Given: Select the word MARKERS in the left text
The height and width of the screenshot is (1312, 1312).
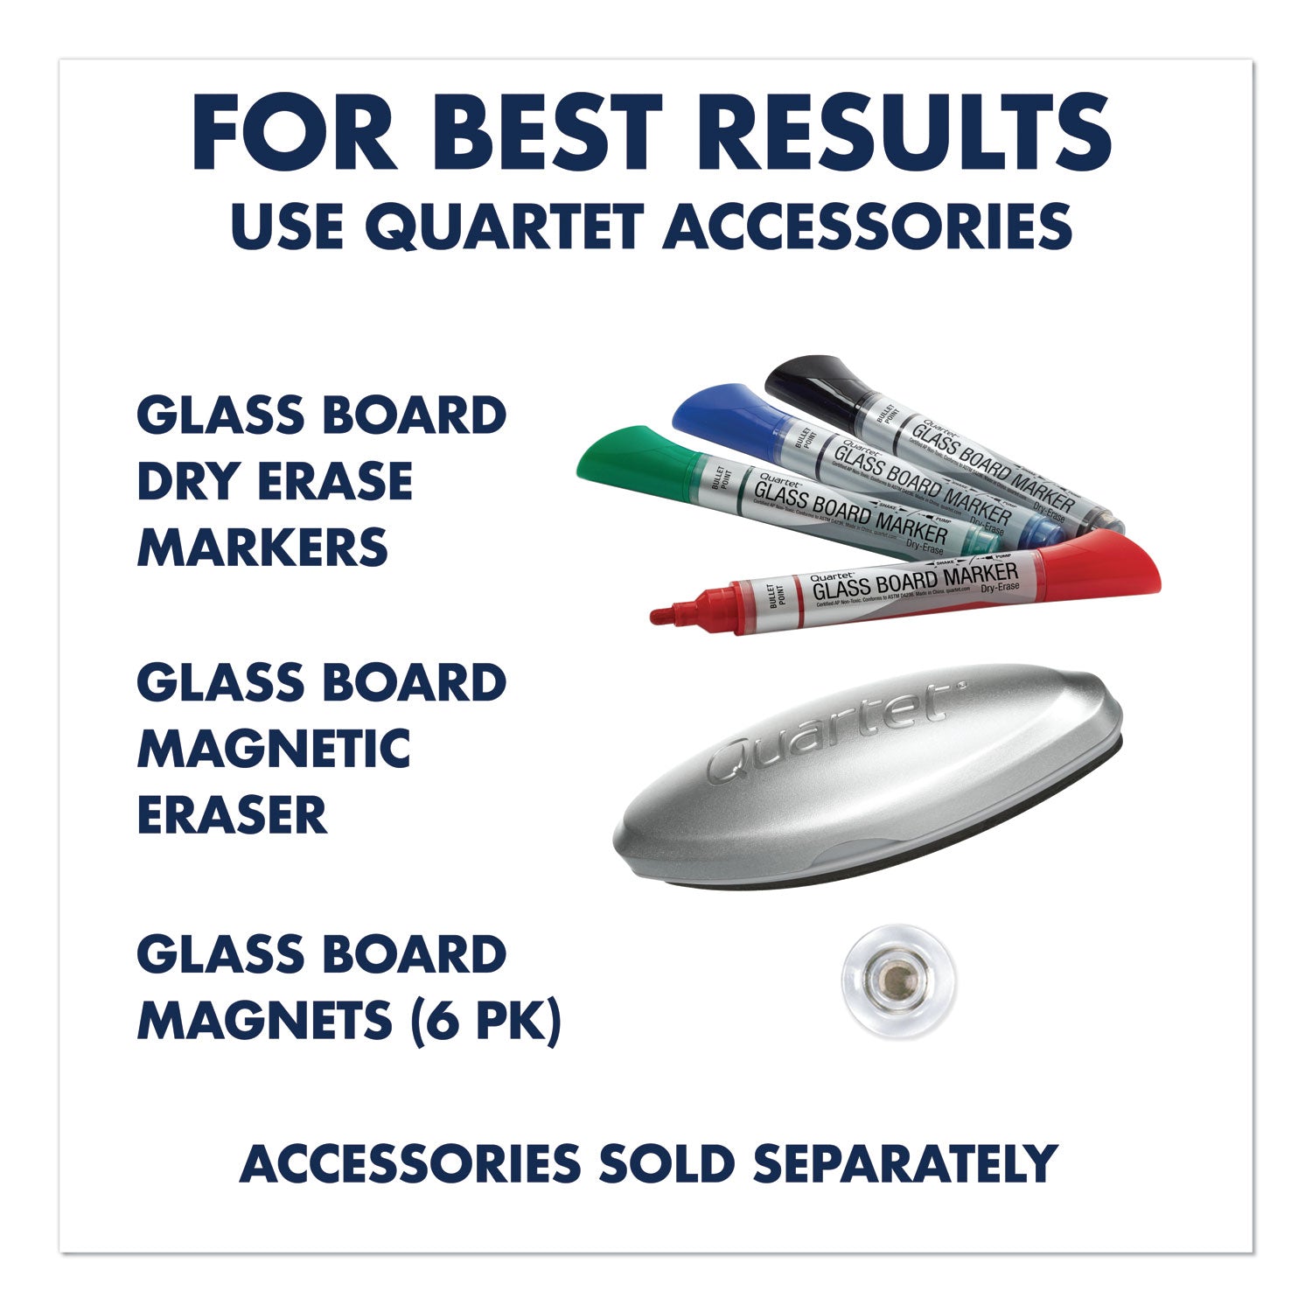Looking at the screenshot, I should pos(262,548).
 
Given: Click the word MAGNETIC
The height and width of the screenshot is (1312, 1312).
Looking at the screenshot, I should pos(273,749).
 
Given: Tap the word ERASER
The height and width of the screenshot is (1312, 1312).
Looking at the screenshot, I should pos(231,815).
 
